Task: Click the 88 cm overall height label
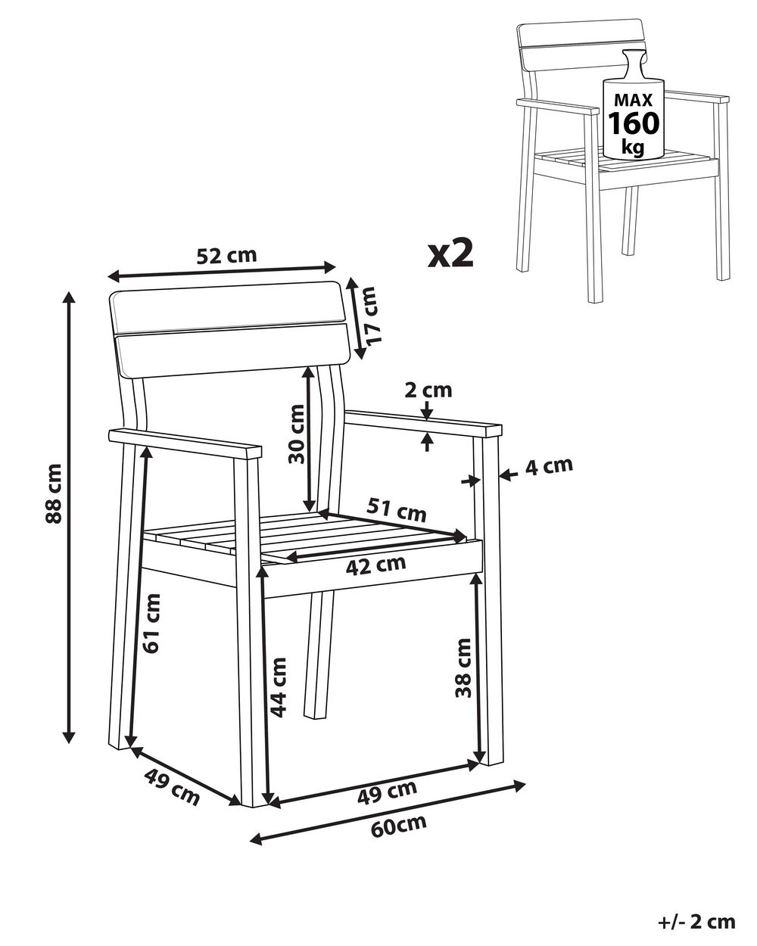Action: point(54,493)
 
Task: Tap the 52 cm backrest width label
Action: point(226,255)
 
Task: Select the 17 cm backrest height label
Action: point(368,314)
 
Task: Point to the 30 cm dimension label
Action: point(297,434)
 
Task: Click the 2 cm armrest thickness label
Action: point(428,391)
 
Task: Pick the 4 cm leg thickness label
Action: point(549,466)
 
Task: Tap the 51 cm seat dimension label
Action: point(397,509)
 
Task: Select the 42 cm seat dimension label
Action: point(375,566)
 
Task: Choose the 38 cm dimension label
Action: point(463,667)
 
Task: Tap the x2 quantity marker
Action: point(450,254)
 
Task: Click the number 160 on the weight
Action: point(634,123)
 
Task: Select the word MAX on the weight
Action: point(634,100)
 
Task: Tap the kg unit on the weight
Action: point(633,147)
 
